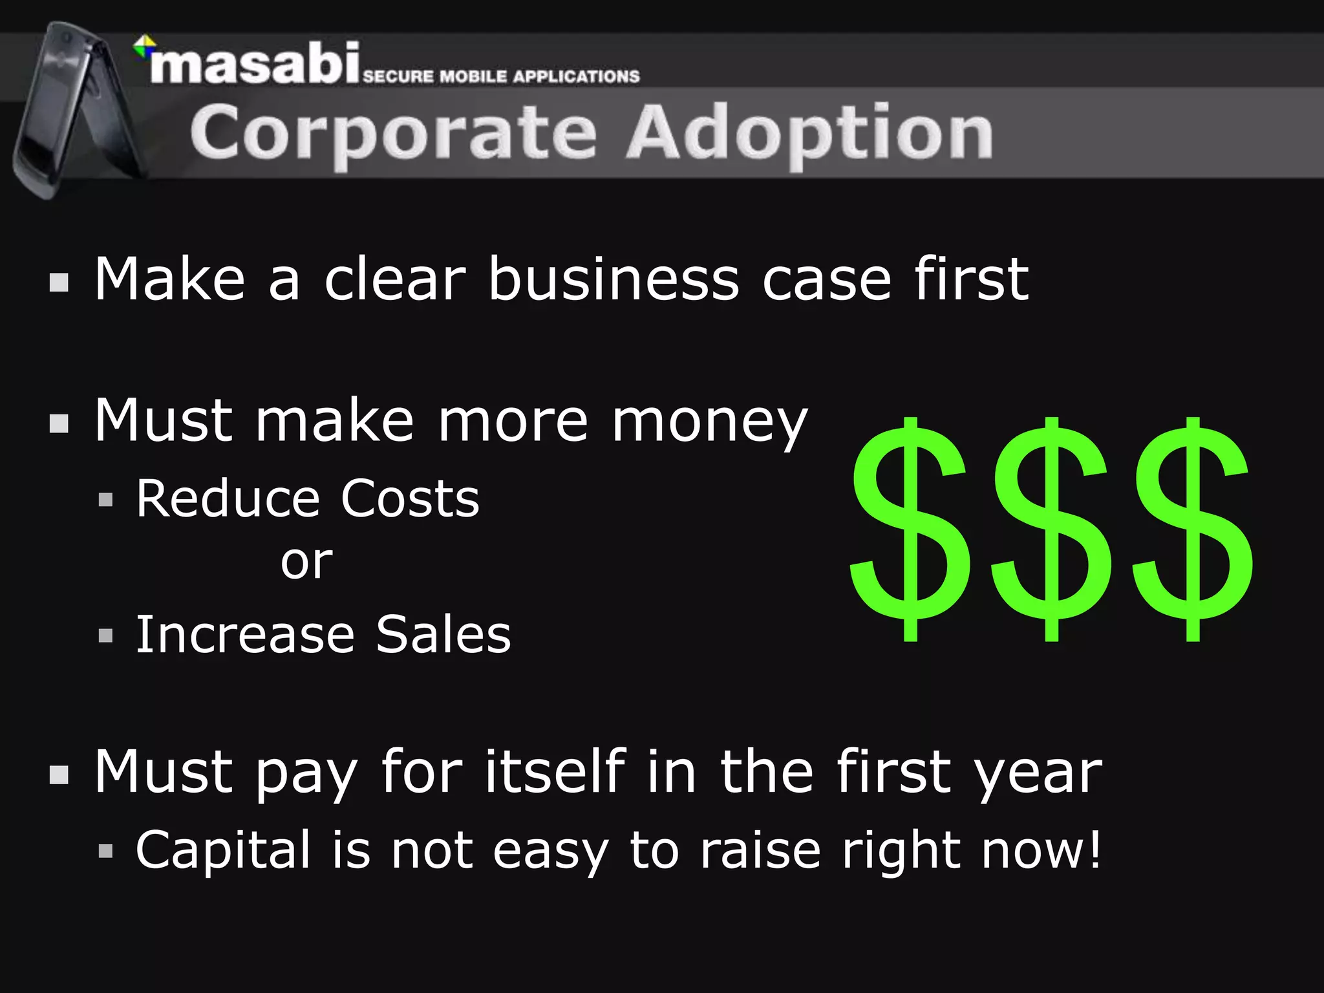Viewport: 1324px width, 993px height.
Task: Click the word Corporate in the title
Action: coord(393,133)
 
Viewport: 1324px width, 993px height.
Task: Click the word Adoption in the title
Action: coord(809,133)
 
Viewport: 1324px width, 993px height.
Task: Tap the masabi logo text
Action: coord(255,65)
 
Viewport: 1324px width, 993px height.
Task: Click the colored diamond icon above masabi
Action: coord(144,46)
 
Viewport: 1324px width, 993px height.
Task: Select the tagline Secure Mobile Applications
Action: coord(501,76)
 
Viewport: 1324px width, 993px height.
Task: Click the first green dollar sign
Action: coord(910,529)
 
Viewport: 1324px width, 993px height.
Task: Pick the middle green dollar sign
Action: coord(1051,529)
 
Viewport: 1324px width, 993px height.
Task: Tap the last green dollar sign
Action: coord(1193,529)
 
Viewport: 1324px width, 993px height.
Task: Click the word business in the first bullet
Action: coord(613,279)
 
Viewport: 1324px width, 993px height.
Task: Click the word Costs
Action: coord(410,499)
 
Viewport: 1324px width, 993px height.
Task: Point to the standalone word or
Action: coord(306,562)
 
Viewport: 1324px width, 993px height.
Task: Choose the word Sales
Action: coord(443,635)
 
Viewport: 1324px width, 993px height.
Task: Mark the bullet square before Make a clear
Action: coord(59,283)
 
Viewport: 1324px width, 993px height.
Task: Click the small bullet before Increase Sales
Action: coord(106,635)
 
